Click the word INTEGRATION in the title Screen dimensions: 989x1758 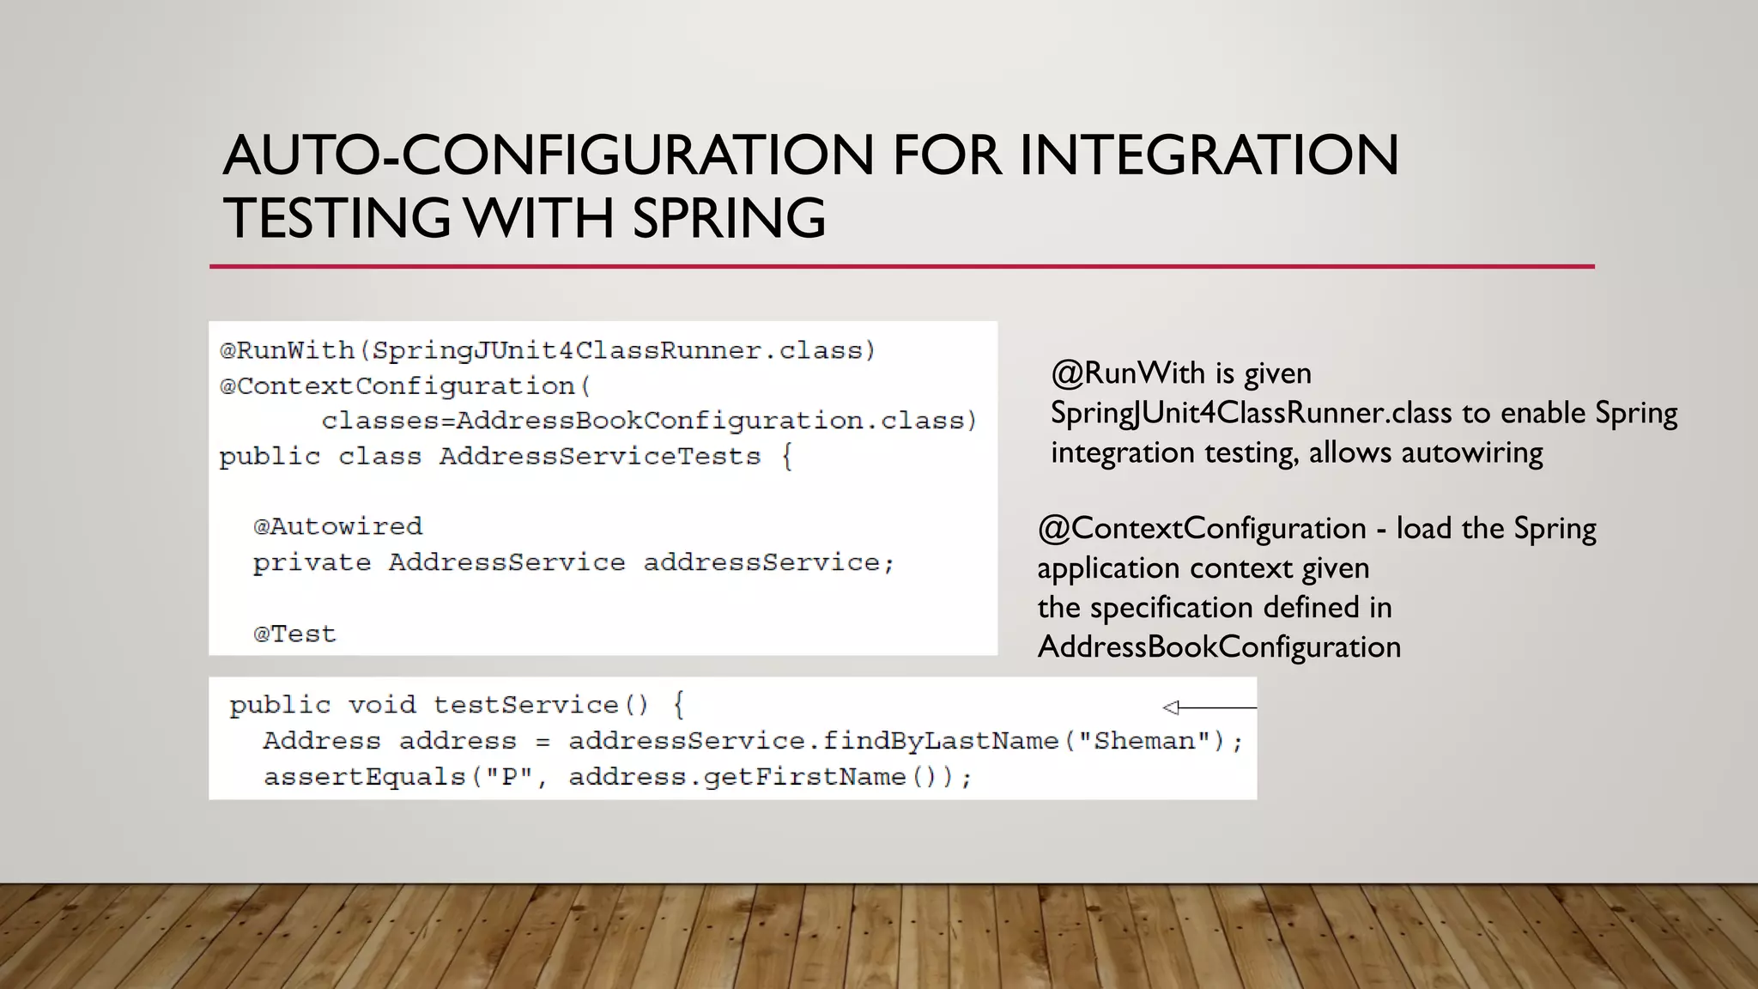1209,155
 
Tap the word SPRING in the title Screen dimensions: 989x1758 729,218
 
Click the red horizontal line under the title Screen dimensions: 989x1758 901,267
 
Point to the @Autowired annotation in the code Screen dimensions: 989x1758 337,526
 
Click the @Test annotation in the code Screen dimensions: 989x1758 294,634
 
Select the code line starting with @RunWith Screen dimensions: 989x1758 548,351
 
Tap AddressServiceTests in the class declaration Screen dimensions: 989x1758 600,457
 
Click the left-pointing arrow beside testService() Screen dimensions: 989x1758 1209,707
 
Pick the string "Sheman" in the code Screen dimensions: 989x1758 1143,741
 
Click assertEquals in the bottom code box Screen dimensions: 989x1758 364,777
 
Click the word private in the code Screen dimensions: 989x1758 312,563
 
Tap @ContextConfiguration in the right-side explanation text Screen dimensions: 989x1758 1202,529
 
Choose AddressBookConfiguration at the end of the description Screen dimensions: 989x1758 1219,647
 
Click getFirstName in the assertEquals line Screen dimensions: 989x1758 804,777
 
